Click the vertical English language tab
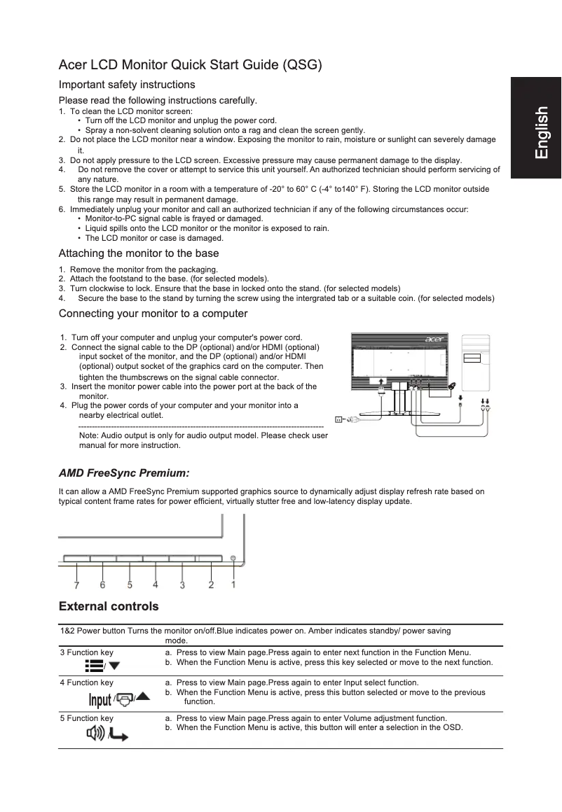tap(540, 132)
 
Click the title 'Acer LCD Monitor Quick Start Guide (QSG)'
tap(190, 66)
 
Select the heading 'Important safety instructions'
tap(127, 85)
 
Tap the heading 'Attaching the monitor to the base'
tap(139, 253)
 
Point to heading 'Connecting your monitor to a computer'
tap(153, 313)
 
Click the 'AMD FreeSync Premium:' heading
tap(124, 473)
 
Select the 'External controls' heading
tap(109, 606)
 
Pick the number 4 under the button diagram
tap(155, 584)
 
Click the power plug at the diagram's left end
tap(339, 420)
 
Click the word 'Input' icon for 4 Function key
tap(100, 701)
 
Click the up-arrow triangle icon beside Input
tap(143, 696)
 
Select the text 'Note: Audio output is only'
tap(123, 435)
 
